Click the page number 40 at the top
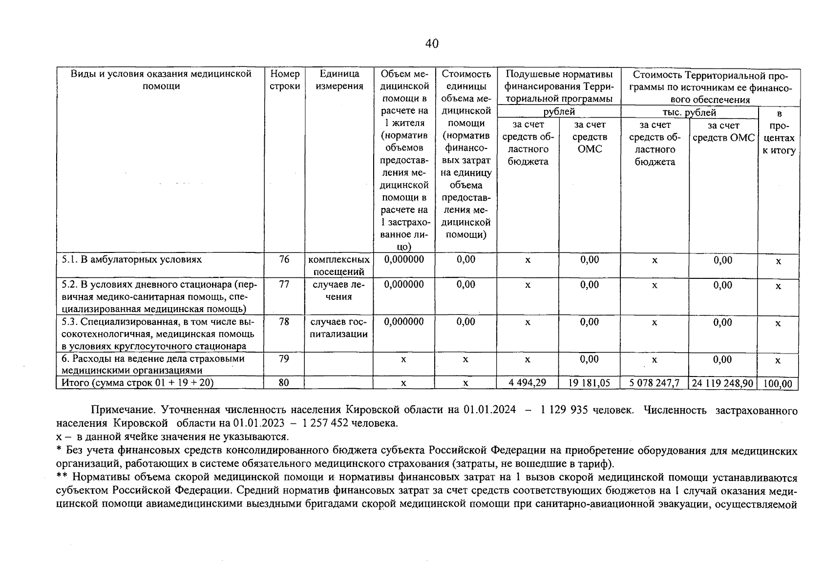coord(432,44)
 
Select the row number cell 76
coord(284,260)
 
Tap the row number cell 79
coord(284,359)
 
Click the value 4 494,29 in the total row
coord(528,383)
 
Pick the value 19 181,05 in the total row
coord(590,383)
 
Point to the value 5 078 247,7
coord(655,383)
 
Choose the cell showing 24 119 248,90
coord(723,383)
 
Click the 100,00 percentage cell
coord(778,384)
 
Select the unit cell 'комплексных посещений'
coord(338,266)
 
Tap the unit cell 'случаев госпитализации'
coord(338,328)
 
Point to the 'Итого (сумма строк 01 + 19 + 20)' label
coord(137,383)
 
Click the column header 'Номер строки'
coord(284,80)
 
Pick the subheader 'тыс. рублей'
coord(689,112)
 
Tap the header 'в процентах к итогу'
coord(779,132)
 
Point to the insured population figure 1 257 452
coord(326,423)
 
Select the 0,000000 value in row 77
coord(404,285)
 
